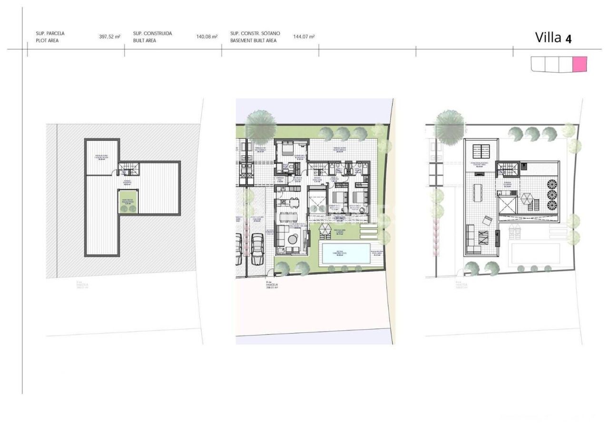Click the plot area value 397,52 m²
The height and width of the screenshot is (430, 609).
pyautogui.click(x=109, y=37)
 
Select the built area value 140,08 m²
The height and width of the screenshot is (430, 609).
pyautogui.click(x=206, y=37)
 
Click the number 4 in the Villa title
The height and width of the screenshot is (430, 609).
pyautogui.click(x=568, y=38)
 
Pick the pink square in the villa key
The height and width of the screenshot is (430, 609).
pyautogui.click(x=580, y=64)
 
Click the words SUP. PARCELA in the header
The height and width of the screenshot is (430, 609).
pyautogui.click(x=50, y=34)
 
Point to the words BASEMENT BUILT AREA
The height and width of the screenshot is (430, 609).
pyautogui.click(x=253, y=41)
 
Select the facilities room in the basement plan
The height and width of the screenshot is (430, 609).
pyautogui.click(x=102, y=157)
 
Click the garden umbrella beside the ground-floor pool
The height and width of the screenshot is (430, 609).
pyautogui.click(x=325, y=229)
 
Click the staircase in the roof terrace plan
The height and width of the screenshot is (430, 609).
pyautogui.click(x=504, y=169)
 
